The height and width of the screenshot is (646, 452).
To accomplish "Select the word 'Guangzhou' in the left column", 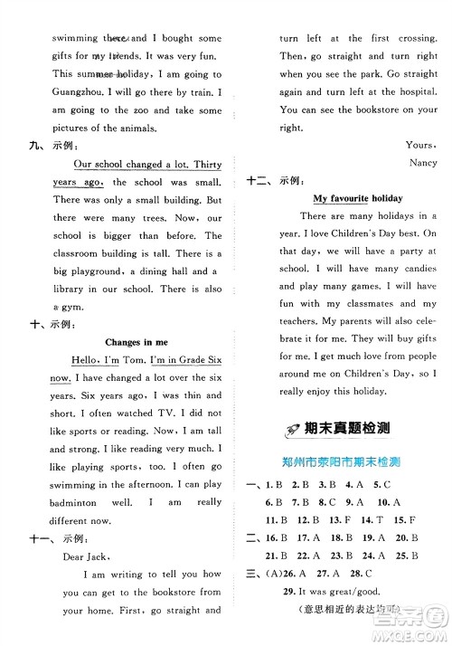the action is click(62, 91).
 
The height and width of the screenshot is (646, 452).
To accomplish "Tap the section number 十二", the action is click(259, 180).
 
